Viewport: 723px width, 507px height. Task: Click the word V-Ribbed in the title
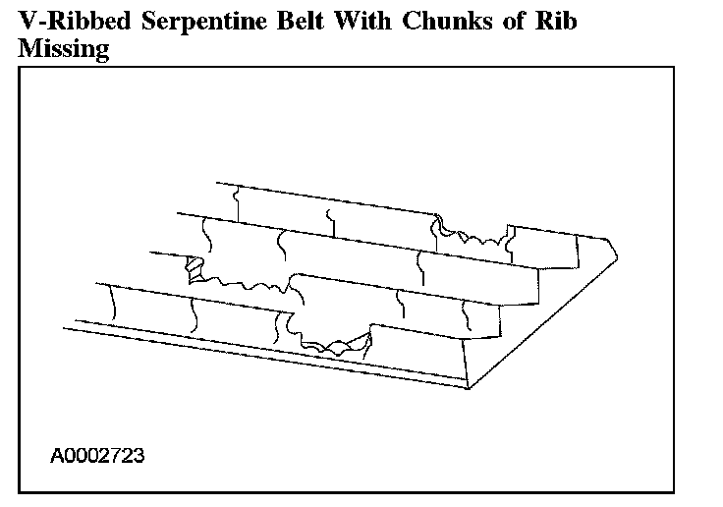click(72, 22)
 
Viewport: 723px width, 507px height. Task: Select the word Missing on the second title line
click(63, 49)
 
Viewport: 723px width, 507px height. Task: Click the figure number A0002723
click(99, 456)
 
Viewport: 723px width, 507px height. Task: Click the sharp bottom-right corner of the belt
click(468, 388)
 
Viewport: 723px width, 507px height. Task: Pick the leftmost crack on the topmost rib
click(237, 202)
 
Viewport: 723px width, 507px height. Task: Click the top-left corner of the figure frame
click(20, 67)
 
